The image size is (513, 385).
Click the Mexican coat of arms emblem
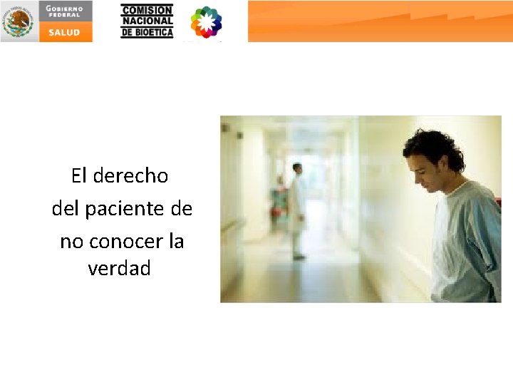(x=18, y=21)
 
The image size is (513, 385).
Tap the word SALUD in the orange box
(x=66, y=32)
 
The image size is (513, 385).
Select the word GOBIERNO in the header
(x=65, y=8)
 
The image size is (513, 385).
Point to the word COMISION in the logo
(x=147, y=10)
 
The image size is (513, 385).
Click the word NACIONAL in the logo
(x=147, y=21)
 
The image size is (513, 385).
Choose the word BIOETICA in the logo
(x=154, y=32)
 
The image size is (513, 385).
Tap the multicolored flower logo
(x=206, y=22)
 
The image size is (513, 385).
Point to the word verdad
(x=120, y=269)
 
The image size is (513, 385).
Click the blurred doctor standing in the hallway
(x=297, y=210)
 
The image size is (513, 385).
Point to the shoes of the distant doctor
(x=299, y=256)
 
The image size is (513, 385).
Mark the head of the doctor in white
(x=297, y=168)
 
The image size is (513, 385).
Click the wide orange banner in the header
(x=380, y=21)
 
